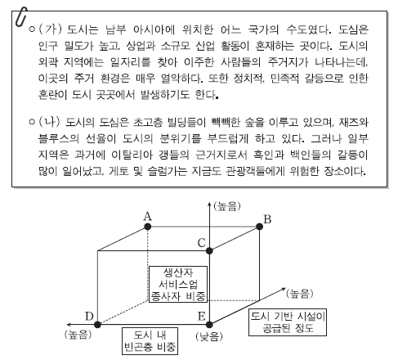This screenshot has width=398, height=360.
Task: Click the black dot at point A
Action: (148, 227)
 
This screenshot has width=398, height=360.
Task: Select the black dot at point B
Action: (259, 227)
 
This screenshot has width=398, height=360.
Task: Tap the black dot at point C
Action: (209, 250)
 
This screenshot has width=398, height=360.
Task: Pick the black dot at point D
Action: (97, 325)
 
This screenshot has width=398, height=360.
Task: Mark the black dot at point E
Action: (209, 325)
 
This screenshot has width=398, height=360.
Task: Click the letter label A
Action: (147, 216)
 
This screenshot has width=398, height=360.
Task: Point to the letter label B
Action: (267, 219)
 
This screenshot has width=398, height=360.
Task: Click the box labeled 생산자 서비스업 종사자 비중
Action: (178, 285)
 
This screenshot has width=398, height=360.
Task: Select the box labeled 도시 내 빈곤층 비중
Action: (150, 341)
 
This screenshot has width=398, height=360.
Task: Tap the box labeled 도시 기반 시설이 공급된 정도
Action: (288, 322)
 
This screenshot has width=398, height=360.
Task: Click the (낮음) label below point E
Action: (209, 337)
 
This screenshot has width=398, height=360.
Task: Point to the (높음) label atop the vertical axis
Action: (227, 206)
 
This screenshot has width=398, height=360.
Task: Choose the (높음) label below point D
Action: (78, 335)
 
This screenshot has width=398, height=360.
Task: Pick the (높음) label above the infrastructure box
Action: (300, 294)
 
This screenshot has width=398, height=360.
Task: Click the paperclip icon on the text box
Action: (21, 17)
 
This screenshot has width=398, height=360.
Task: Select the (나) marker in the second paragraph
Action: (50, 122)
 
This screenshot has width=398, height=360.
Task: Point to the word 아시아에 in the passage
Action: (154, 29)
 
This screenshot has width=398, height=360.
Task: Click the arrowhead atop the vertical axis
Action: (209, 204)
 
